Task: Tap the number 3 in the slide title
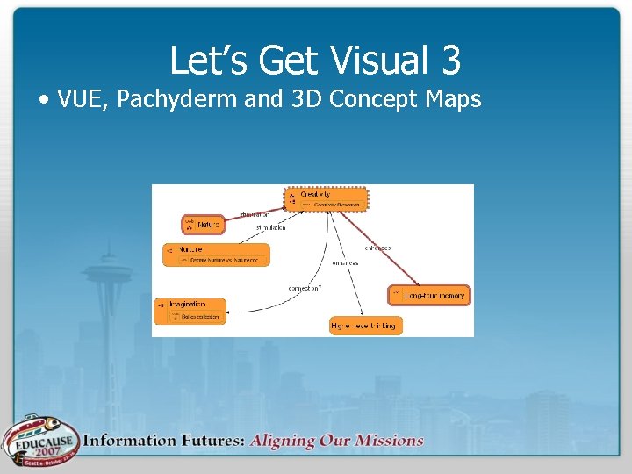pos(450,61)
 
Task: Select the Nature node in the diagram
pos(203,225)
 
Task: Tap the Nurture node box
pos(216,255)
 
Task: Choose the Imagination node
pos(190,311)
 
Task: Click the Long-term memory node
pos(429,295)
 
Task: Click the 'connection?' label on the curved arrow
pos(304,289)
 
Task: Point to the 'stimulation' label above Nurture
pos(270,228)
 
